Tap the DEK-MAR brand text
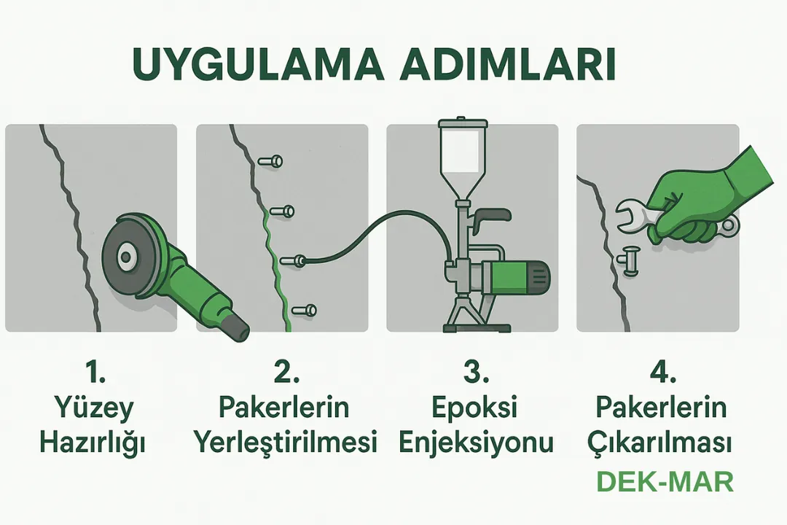[665, 482]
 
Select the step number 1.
[95, 373]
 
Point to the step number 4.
[662, 373]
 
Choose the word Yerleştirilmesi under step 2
[285, 441]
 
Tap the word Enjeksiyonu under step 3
[472, 443]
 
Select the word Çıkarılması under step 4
[662, 443]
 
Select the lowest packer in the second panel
[307, 310]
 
